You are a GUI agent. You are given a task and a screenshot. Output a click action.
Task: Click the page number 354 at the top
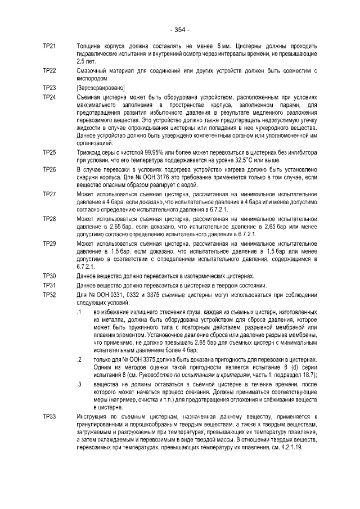pyautogui.click(x=179, y=29)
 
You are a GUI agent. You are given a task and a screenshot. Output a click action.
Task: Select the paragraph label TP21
pyautogui.click(x=49, y=46)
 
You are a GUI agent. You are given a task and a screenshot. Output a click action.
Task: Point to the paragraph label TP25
pyautogui.click(x=49, y=152)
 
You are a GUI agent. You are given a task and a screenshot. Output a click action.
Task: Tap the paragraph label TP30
pyautogui.click(x=49, y=276)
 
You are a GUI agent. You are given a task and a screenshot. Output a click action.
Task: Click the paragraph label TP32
pyautogui.click(x=49, y=295)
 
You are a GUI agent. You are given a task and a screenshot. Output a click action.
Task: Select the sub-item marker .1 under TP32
pyautogui.click(x=79, y=311)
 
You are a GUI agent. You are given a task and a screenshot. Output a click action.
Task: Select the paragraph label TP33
pyautogui.click(x=49, y=416)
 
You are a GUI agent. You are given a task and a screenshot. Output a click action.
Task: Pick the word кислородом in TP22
pyautogui.click(x=92, y=78)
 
